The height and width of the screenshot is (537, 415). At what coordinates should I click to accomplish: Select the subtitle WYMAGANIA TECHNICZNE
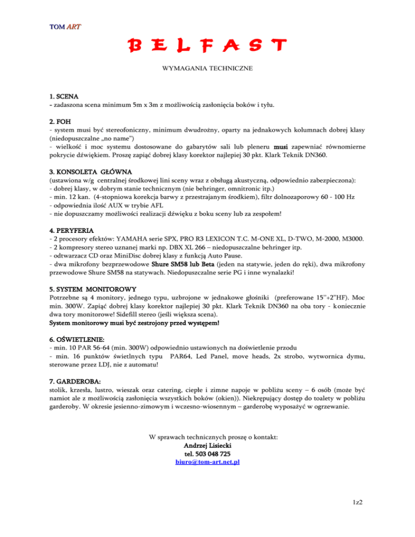207,69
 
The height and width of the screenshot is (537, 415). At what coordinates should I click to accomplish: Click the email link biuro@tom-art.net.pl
208,462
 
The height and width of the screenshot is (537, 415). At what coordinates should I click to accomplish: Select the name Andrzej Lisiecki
208,445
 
